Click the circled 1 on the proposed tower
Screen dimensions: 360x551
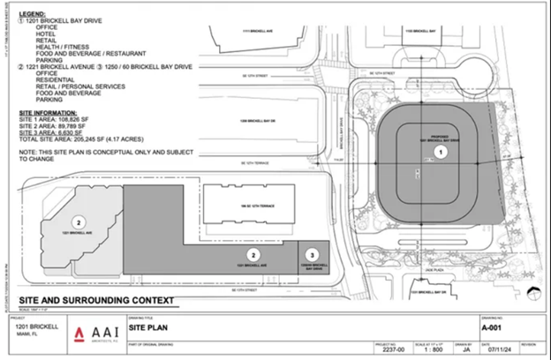444,152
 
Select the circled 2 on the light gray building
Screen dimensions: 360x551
79,221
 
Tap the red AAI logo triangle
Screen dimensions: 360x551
79,333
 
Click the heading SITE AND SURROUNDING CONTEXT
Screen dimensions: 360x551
88,301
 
